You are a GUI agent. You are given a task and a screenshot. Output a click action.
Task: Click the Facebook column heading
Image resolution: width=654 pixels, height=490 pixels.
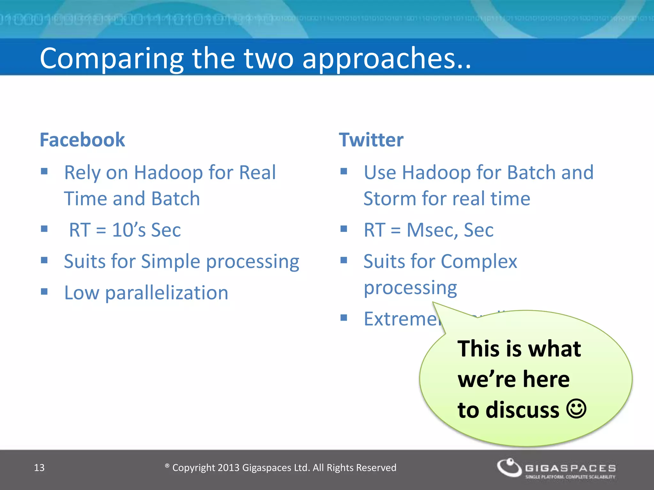[x=82, y=140]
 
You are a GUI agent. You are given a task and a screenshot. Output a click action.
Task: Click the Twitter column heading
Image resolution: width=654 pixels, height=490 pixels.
[x=371, y=140]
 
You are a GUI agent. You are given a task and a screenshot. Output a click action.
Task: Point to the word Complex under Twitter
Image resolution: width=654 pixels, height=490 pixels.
[x=479, y=261]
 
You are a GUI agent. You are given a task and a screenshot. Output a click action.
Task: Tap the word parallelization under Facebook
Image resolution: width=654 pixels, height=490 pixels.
[x=166, y=293]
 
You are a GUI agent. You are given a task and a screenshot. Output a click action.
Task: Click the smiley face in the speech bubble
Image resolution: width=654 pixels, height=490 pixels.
[x=576, y=409]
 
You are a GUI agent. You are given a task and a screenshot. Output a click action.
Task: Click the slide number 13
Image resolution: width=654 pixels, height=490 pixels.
[x=39, y=468]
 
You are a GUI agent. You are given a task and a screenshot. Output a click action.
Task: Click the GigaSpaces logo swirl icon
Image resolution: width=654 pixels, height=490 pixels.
[x=509, y=468]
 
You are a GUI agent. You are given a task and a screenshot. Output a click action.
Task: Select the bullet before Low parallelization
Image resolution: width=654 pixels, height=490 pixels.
[x=44, y=292]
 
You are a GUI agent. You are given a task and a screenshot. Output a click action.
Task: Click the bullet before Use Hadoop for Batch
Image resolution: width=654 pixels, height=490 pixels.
[x=344, y=171]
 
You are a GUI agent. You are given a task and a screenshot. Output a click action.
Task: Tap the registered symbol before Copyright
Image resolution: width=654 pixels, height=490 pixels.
[x=167, y=466]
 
